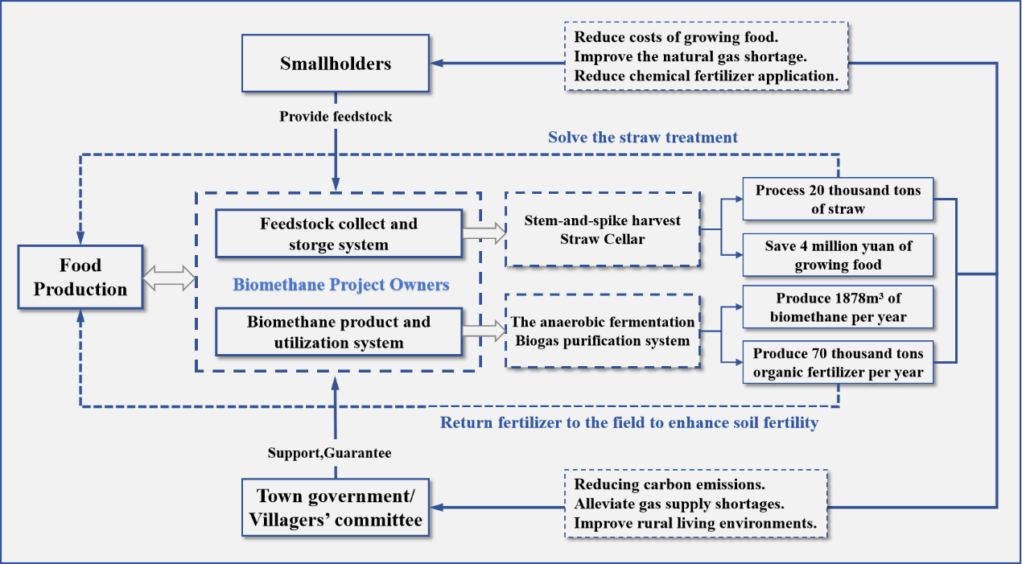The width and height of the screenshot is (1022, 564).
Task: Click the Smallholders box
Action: click(x=336, y=64)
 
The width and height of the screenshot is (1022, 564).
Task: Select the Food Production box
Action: click(x=80, y=278)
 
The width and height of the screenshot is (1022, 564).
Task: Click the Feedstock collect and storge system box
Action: click(x=339, y=234)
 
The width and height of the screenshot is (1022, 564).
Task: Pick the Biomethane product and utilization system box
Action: click(x=339, y=332)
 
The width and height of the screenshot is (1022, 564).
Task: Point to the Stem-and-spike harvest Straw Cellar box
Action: click(x=602, y=230)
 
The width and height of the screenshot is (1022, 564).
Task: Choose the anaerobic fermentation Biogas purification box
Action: click(x=603, y=331)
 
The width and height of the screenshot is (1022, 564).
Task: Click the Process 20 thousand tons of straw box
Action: click(x=838, y=200)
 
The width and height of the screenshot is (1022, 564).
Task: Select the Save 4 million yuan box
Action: click(x=838, y=254)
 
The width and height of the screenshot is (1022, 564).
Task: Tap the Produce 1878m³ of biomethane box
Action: click(x=838, y=307)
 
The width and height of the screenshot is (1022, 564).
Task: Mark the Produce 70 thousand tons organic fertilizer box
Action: click(x=838, y=363)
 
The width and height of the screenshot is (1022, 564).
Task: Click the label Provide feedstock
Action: click(x=336, y=117)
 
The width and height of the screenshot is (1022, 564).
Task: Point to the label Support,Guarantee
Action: click(x=329, y=453)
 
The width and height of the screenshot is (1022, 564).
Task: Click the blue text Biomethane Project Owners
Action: click(x=340, y=285)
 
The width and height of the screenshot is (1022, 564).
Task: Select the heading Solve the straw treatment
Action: click(x=642, y=138)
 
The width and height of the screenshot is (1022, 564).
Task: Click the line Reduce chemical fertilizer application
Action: click(x=707, y=76)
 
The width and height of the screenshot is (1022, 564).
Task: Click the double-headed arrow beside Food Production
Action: click(x=169, y=278)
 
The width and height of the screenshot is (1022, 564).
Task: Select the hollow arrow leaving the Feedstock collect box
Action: click(x=484, y=234)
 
